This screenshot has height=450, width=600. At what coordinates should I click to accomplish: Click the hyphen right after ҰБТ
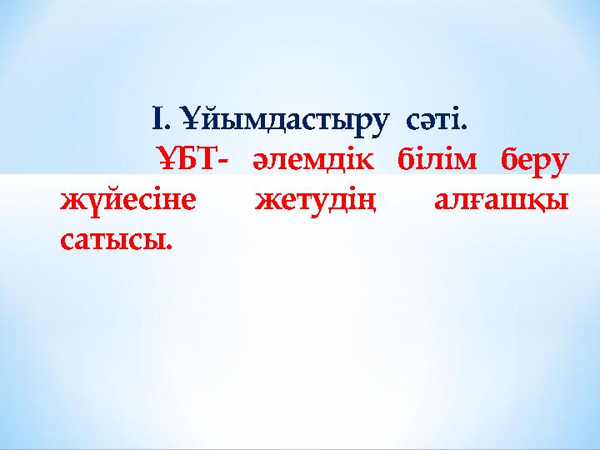(x=217, y=160)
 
